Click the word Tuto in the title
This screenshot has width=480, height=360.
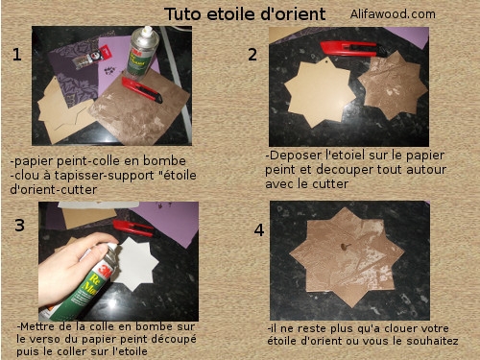tap(182, 14)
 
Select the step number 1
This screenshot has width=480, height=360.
tap(16, 55)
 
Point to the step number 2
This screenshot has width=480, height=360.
tap(252, 55)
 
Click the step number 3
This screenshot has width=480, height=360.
tap(19, 226)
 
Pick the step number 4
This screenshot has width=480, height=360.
tap(258, 230)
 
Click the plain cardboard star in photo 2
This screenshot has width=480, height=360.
tap(319, 94)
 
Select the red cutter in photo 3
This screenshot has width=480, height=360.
tap(133, 228)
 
